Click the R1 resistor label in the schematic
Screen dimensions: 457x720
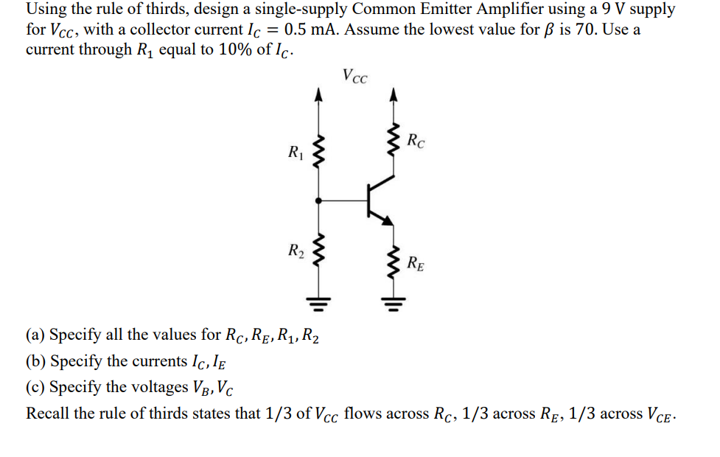click(x=295, y=154)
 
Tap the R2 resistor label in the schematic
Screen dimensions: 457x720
click(x=295, y=251)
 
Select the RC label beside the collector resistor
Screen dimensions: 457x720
click(x=416, y=139)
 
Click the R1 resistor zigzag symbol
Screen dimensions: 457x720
click(x=318, y=151)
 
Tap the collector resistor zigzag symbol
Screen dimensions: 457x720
click(x=394, y=141)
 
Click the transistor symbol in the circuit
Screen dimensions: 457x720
click(x=376, y=198)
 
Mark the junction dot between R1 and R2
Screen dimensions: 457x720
click(x=318, y=200)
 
